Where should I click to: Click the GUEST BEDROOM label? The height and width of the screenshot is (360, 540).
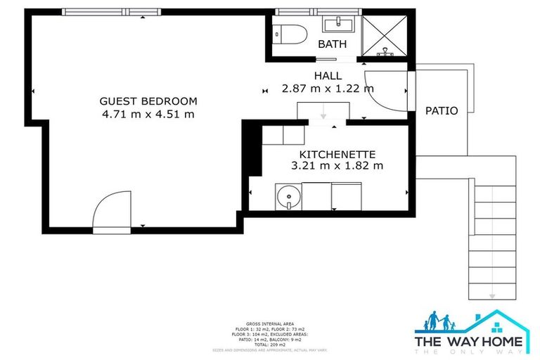coord(148,101)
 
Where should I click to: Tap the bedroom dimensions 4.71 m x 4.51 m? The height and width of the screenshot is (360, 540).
coord(148,115)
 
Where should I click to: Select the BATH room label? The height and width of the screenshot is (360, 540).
coord(332,44)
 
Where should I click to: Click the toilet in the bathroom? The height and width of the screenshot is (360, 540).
coord(290,33)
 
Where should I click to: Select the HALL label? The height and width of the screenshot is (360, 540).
coord(327,76)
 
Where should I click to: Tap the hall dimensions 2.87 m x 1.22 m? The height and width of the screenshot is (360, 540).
coord(327,89)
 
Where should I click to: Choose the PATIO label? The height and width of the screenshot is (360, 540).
coord(442,111)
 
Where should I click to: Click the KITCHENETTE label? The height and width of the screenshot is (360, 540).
coord(337,154)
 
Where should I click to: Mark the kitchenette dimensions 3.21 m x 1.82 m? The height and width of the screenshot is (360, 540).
coord(337,167)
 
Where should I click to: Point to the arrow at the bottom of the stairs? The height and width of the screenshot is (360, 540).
coord(492,295)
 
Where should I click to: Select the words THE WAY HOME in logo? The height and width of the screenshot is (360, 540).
coord(469,342)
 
